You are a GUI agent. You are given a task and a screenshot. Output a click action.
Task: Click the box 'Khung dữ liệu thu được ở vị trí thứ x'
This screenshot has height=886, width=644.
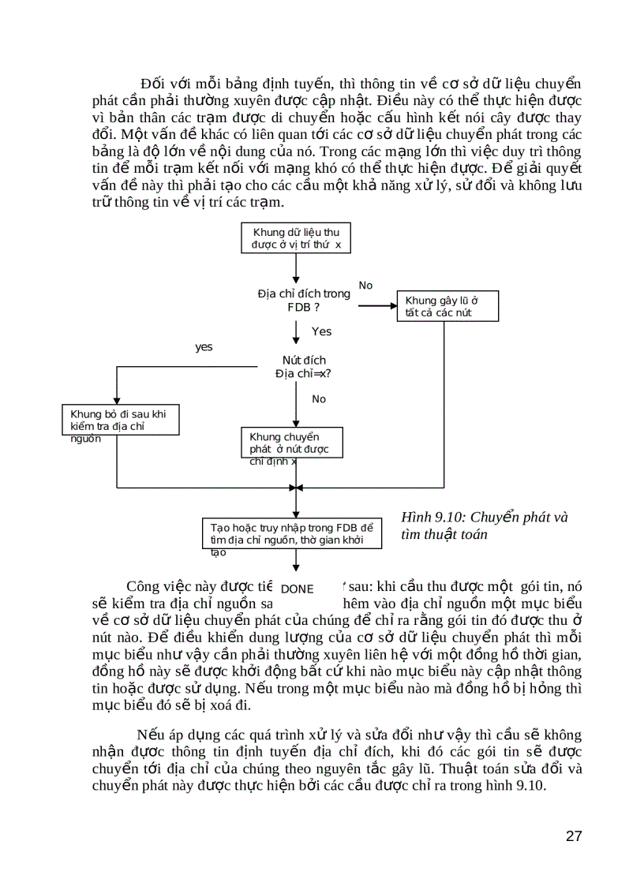pos(296,237)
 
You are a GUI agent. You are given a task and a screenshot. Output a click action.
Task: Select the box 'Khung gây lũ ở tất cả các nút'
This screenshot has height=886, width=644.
pos(444,306)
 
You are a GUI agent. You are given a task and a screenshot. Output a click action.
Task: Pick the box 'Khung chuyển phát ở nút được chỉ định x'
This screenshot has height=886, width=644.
pos(291,448)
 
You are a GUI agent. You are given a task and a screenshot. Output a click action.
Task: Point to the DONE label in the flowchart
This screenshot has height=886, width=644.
pos(297,589)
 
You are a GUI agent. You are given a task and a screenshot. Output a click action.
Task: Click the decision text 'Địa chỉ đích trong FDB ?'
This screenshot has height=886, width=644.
pos(303,300)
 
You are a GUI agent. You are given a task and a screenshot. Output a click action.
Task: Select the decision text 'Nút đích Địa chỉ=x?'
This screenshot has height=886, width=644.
pos(303,366)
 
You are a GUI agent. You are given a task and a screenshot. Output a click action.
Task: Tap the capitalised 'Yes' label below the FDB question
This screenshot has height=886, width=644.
pos(321,331)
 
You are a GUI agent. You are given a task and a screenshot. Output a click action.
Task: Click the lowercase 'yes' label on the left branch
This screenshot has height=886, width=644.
pos(204,346)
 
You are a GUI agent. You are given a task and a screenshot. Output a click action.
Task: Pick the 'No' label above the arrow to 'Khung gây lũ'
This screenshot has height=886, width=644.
pos(365,285)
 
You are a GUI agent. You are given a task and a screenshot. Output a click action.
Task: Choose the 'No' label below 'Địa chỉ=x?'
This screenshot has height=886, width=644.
pos(318,399)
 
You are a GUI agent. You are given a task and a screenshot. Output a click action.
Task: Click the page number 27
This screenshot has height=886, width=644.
pos(574,836)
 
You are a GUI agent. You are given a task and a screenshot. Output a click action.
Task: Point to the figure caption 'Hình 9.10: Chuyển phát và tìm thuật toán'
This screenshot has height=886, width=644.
pos(484,525)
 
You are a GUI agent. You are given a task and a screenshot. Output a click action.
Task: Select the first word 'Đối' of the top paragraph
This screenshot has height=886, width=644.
pos(151,84)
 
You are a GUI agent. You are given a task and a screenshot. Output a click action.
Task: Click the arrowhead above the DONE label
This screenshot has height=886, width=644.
pos(296,567)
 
